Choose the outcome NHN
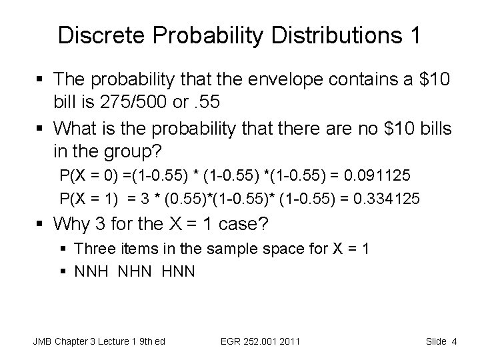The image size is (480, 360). [135, 272]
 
